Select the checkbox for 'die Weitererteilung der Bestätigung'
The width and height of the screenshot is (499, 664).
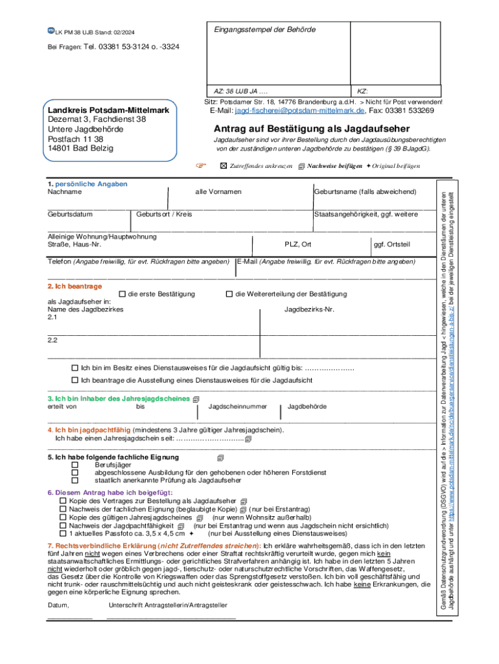pos(229,294)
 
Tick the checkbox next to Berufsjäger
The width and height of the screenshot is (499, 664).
pos(75,465)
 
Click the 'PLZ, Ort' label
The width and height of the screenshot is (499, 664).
pos(298,244)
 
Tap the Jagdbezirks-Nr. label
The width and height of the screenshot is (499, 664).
pos(309,309)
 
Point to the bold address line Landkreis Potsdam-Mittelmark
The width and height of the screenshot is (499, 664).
pos(108,110)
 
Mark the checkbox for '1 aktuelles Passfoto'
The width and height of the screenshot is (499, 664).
pos(63,533)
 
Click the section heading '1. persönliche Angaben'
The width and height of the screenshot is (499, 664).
pos(87,184)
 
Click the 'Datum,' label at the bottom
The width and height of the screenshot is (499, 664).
pos(58,605)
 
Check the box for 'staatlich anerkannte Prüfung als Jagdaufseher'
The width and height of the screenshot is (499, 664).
pos(75,480)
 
